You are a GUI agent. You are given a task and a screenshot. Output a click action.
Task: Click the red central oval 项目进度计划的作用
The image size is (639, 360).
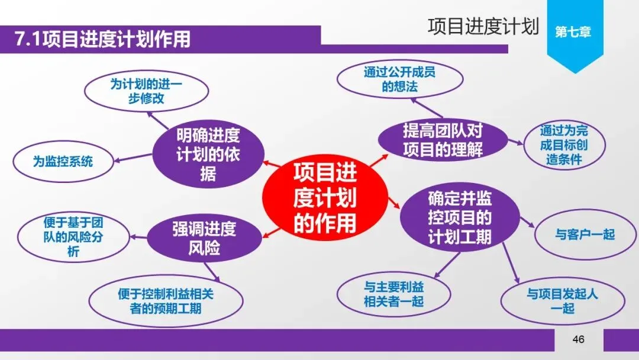(325, 198)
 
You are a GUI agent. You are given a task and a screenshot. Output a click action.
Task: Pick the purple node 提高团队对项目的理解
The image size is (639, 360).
(443, 140)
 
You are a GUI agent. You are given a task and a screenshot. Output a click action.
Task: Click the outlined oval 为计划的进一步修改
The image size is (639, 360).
(146, 91)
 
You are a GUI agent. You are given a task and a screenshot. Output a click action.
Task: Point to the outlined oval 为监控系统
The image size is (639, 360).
(63, 160)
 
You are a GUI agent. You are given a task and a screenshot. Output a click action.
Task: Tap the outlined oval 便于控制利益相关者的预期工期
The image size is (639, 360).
(166, 301)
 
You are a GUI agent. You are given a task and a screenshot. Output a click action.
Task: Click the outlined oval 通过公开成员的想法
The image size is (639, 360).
(400, 81)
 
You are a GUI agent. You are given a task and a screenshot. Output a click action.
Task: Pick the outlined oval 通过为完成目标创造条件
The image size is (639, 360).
(563, 144)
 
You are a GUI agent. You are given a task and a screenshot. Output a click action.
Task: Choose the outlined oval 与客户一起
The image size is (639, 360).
(585, 234)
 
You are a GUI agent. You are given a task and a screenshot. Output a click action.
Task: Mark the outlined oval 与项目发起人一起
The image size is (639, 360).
(562, 301)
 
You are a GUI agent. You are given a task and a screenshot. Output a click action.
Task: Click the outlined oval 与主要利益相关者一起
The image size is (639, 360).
(393, 294)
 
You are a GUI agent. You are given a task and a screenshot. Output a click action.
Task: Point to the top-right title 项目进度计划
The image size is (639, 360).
(483, 27)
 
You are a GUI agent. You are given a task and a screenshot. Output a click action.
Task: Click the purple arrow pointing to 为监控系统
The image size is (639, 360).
(132, 157)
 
